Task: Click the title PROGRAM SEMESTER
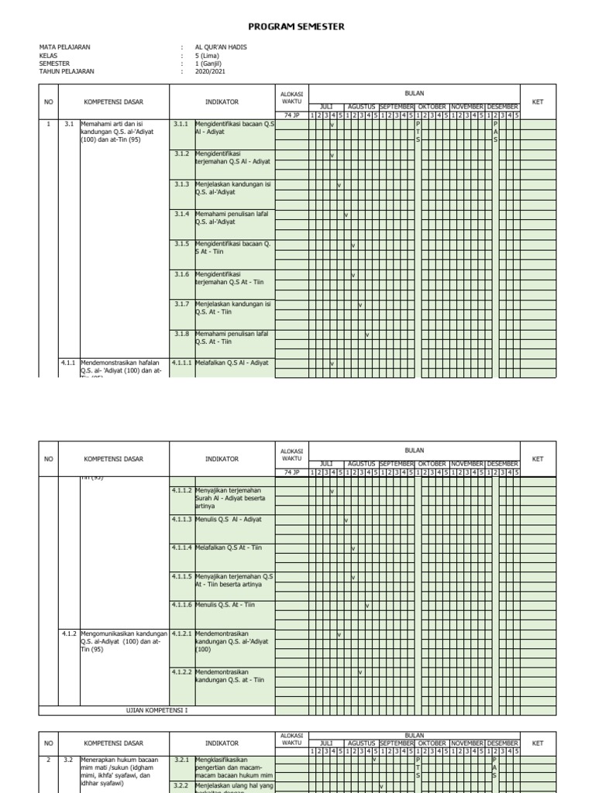tap(297, 27)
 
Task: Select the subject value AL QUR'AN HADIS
tap(222, 47)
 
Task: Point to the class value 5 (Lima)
tap(210, 55)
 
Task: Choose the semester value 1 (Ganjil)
tap(212, 64)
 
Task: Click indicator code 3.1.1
tap(181, 124)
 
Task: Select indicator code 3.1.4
tap(181, 214)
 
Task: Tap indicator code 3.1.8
tap(181, 334)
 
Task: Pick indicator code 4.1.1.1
tap(181, 362)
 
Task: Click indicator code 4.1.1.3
tap(181, 519)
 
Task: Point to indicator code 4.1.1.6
tap(181, 604)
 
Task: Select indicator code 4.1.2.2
tap(181, 671)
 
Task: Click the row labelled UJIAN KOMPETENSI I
tap(156, 709)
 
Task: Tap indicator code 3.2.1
tap(181, 760)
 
